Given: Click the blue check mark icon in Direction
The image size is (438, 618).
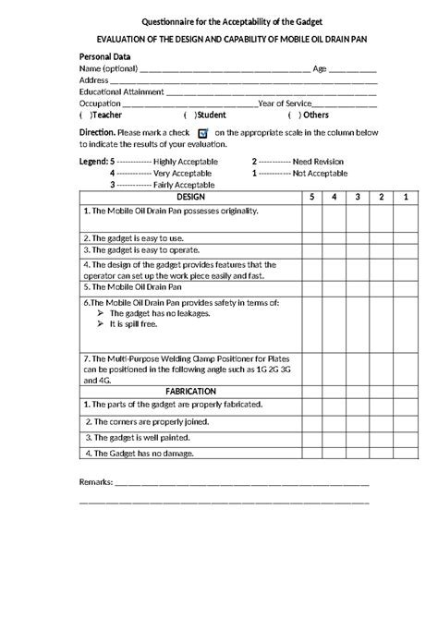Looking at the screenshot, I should click(202, 134).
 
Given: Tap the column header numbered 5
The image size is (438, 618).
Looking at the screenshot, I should click(311, 198).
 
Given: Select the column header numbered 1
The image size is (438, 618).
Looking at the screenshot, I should click(404, 198).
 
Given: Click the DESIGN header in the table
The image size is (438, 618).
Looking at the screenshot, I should click(189, 198).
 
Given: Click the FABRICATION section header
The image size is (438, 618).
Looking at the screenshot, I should click(189, 391).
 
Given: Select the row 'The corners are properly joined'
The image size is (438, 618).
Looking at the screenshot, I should click(147, 420).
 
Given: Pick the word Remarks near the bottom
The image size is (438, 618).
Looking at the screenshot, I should click(95, 482).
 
